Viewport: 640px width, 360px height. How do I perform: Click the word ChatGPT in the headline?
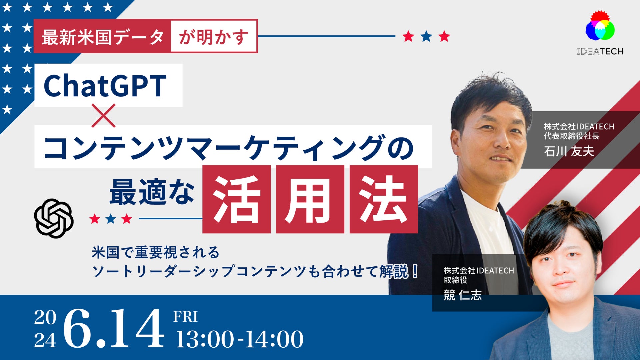pos(105,86)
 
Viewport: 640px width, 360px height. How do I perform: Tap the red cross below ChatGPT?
pos(104,116)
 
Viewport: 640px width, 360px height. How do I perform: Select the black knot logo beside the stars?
pos(54,218)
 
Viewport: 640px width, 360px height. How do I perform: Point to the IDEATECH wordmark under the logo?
pos(600,51)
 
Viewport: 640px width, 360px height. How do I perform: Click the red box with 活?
pos(236,199)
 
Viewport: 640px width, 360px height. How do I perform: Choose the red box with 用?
pos(310,199)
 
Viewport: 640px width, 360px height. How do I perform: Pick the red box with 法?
pos(384,199)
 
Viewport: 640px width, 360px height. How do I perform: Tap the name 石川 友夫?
pos(569,151)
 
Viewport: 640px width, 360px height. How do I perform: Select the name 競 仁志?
pos(463,295)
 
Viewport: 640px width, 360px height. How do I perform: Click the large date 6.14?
pos(114,328)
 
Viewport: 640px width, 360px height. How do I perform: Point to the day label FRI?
pos(185,317)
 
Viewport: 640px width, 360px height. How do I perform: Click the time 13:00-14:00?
pos(239,339)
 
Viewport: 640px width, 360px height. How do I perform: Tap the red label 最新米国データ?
pos(102,36)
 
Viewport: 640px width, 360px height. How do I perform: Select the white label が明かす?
pos(214,36)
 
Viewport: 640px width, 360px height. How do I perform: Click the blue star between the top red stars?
pos(426,36)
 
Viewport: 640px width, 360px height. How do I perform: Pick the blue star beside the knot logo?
pos(111,219)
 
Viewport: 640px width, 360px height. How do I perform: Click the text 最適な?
pos(152,192)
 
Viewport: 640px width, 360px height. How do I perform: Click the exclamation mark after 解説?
pos(415,271)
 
